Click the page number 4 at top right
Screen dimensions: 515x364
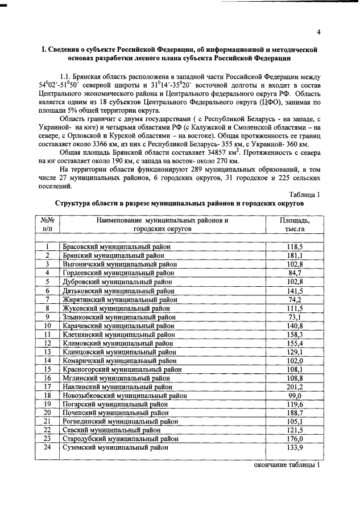pos(319,32)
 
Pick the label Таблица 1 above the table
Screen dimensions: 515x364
pos(304,194)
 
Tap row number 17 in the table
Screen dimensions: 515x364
pos(48,386)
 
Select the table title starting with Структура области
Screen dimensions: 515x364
pos(179,203)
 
